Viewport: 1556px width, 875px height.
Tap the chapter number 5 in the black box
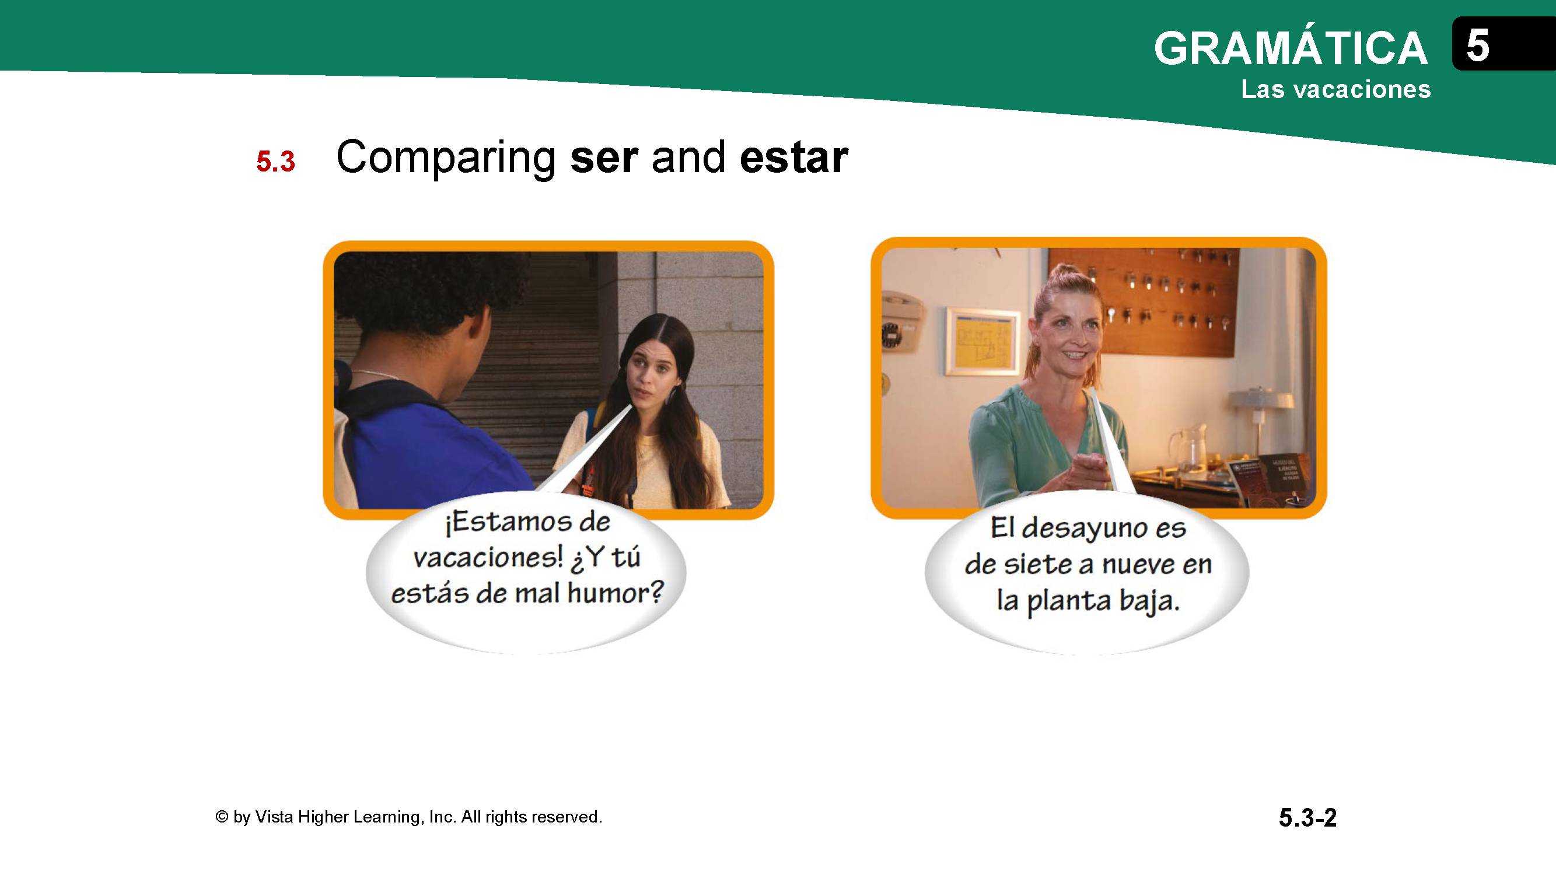[x=1477, y=45]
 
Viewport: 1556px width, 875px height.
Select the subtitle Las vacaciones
[x=1335, y=89]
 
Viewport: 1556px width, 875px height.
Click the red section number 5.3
[x=275, y=161]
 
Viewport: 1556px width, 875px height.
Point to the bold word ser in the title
[x=603, y=158]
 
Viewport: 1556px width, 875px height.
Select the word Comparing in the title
[x=446, y=158]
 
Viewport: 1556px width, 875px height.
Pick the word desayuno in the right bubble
[x=1083, y=528]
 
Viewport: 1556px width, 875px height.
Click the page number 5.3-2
[x=1307, y=818]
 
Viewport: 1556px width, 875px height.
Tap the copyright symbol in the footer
[x=222, y=817]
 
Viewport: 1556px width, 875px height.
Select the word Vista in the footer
[x=274, y=817]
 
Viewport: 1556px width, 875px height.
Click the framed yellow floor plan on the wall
[x=981, y=341]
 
